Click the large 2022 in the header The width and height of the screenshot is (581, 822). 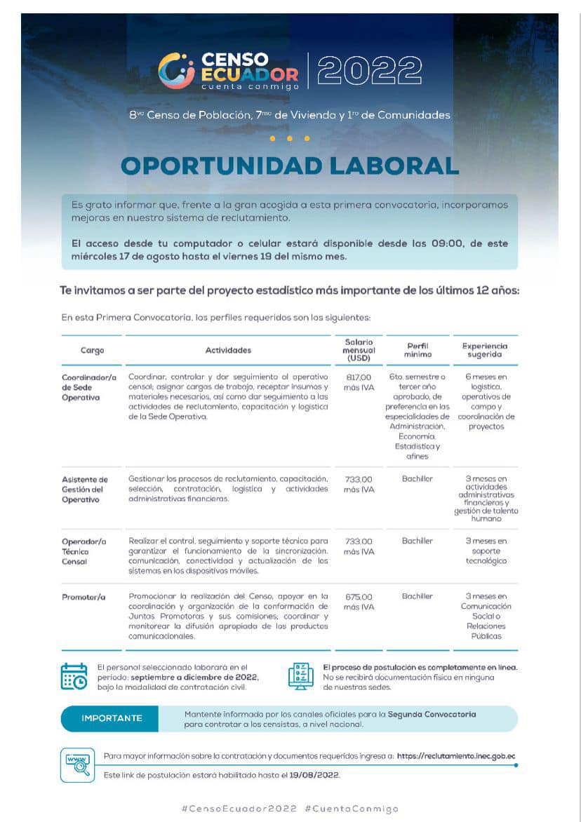click(x=370, y=70)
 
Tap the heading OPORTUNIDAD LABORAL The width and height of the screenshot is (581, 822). click(x=290, y=166)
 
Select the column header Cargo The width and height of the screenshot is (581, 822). click(x=92, y=350)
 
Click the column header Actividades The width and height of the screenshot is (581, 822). click(x=228, y=350)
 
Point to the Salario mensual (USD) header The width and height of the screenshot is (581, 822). click(x=359, y=350)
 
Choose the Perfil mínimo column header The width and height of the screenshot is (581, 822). click(x=418, y=350)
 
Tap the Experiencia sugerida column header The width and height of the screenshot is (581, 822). click(x=485, y=350)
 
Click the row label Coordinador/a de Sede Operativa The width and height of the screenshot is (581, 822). click(x=87, y=387)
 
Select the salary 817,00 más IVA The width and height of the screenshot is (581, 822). click(x=359, y=382)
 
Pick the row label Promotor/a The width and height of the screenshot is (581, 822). click(x=83, y=597)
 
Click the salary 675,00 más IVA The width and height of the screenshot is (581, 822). click(x=359, y=602)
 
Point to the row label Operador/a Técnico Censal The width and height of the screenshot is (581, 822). click(x=84, y=551)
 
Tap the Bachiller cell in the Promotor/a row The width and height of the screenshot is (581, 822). click(x=418, y=596)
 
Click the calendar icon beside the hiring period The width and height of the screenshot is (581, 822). click(x=74, y=676)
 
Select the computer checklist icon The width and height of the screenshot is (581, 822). click(x=301, y=676)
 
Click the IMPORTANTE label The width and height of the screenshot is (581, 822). click(x=112, y=718)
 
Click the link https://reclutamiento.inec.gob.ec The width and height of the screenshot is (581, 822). click(x=456, y=756)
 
